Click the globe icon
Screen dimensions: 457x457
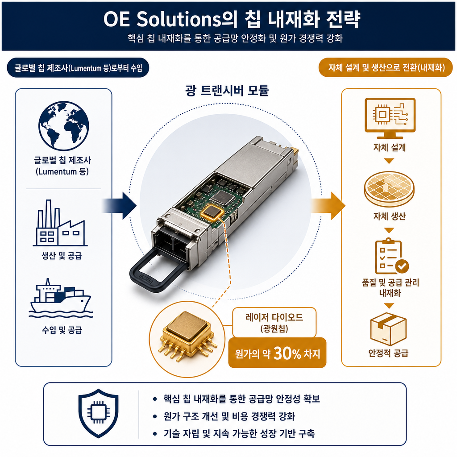click(63, 126)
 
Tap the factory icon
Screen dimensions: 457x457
click(60, 223)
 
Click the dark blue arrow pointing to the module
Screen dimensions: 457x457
click(120, 205)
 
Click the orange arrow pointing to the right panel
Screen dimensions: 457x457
click(328, 205)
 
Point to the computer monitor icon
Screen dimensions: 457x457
click(390, 118)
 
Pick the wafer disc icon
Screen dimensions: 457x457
click(389, 189)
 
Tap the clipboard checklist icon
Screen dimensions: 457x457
click(391, 256)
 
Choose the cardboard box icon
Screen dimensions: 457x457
click(388, 329)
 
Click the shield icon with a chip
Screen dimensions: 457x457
click(99, 413)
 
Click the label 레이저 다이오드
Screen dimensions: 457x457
click(274, 317)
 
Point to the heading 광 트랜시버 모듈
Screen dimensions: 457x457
click(227, 91)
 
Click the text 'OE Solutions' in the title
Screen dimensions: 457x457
click(162, 20)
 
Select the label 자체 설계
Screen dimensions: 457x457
click(389, 147)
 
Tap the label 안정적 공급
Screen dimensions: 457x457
click(388, 353)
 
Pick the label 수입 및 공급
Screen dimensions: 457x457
click(62, 330)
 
